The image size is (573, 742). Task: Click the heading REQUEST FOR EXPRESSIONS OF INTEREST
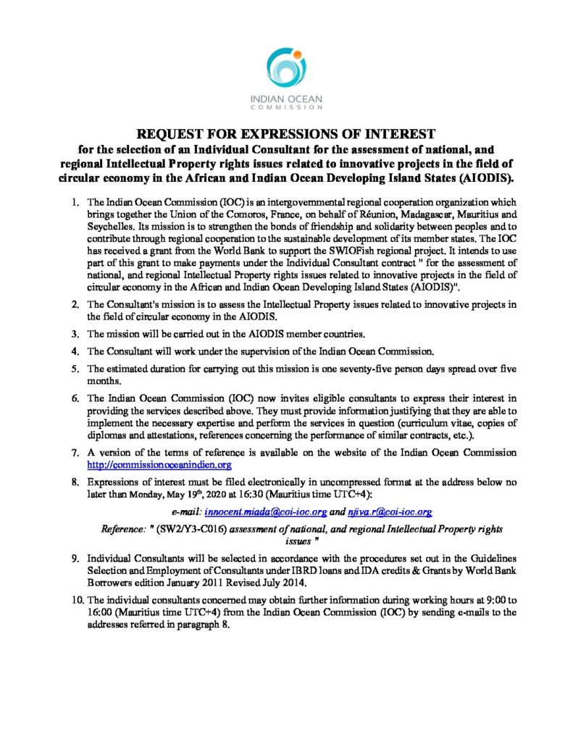click(286, 133)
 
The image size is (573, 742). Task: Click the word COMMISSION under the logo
click(286, 107)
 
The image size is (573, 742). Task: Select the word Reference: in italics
click(124, 530)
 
